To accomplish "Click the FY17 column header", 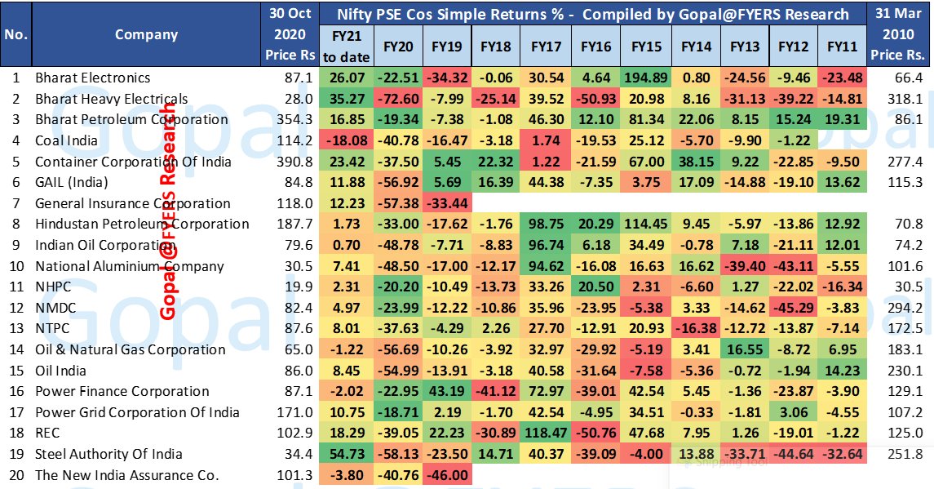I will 546,47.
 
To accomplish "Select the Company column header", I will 146,34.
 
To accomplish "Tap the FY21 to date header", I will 346,47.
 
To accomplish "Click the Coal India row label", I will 67,140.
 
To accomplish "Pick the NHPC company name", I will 53,287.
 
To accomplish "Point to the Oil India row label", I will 60,371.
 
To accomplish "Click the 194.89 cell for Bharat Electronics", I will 645,78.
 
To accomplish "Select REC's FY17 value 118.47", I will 546,433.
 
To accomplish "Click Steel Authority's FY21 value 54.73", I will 347,454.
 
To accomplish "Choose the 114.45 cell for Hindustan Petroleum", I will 645,224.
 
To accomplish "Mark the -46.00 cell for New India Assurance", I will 447,475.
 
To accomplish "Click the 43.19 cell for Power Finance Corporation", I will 447,391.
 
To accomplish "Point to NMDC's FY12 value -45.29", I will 793,308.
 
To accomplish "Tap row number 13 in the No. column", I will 15,328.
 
